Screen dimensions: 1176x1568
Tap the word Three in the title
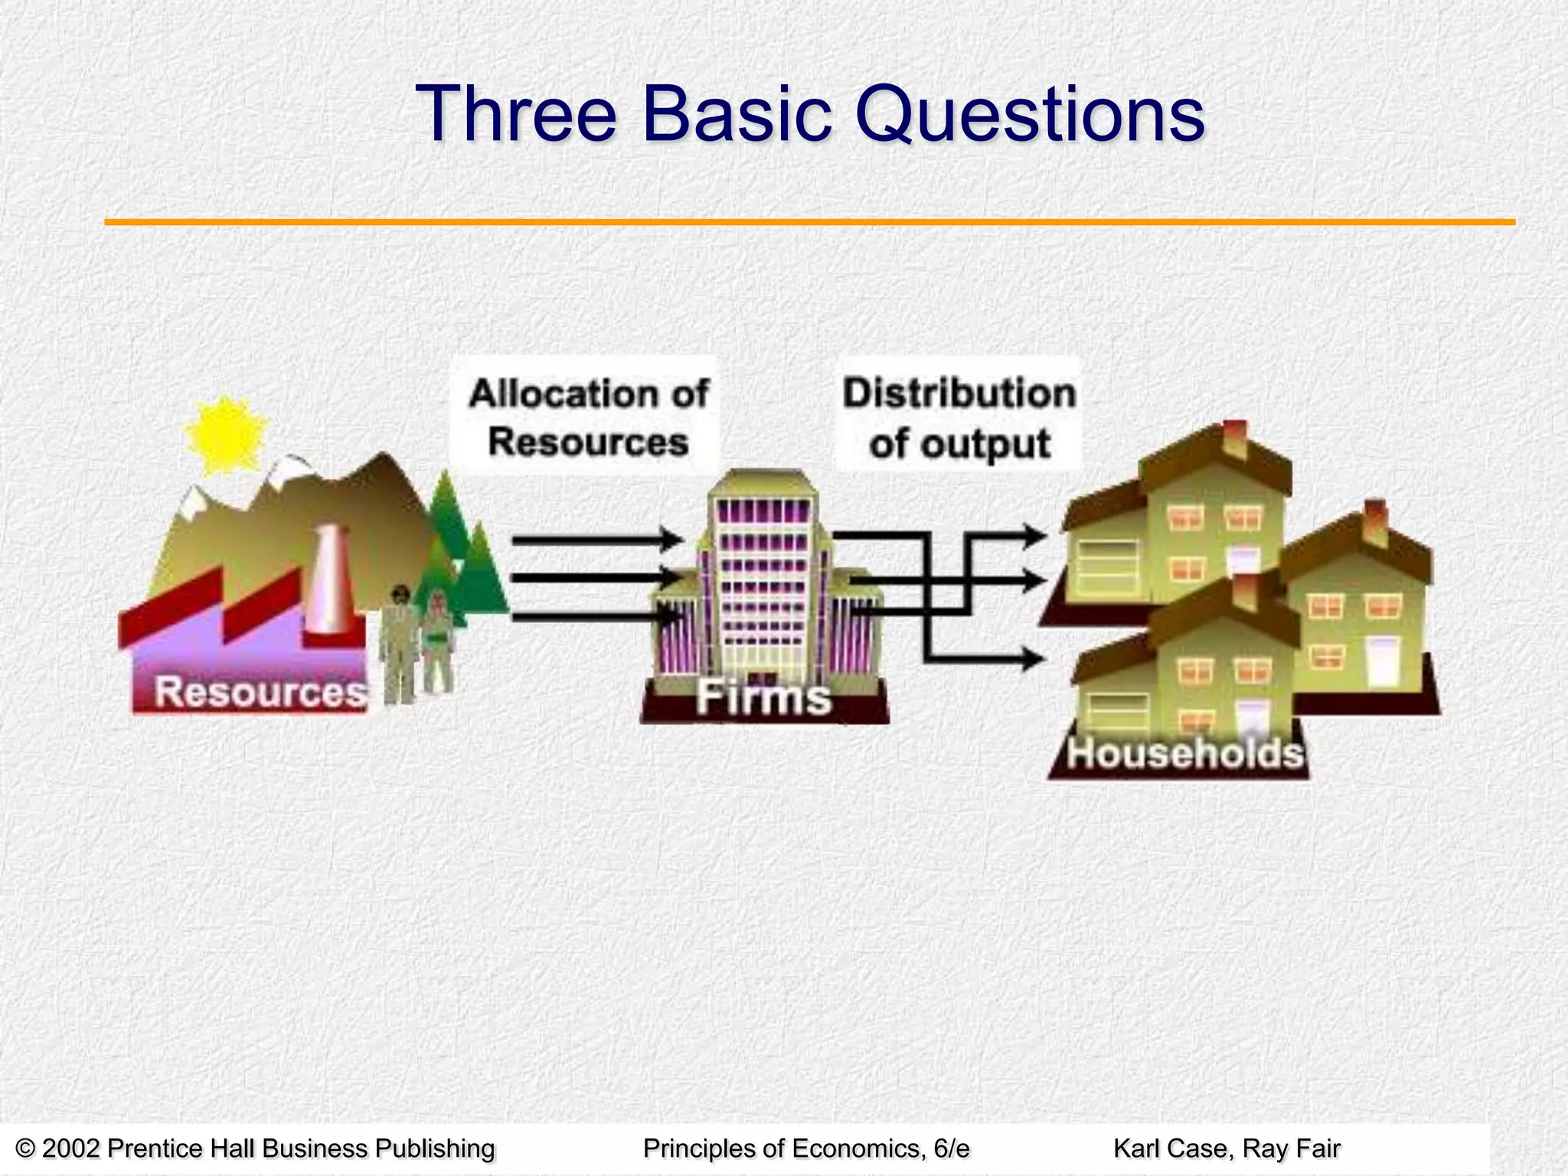pos(515,115)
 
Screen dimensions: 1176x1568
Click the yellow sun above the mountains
pos(225,434)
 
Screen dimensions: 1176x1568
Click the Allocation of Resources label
pos(588,418)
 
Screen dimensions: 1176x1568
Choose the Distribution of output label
pos(959,418)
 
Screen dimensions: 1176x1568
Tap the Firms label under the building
pos(763,697)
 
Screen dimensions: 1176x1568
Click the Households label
pos(1184,753)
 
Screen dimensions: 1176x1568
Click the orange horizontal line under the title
pos(809,222)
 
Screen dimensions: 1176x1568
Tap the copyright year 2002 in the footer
pos(70,1148)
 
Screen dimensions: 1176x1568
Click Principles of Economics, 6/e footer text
pos(805,1148)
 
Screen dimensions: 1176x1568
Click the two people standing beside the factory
pos(417,643)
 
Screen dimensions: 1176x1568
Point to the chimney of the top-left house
pos(1235,439)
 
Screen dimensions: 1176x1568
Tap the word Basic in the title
pos(737,115)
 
